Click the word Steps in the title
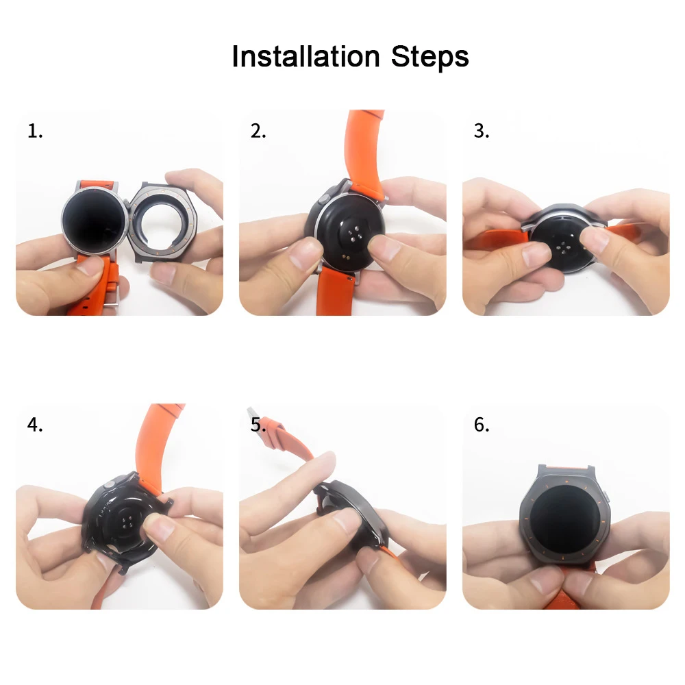pyautogui.click(x=430, y=58)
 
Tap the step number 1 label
pyautogui.click(x=35, y=131)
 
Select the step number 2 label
pyautogui.click(x=258, y=131)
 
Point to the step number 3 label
pyautogui.click(x=482, y=131)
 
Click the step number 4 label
pyautogui.click(x=35, y=425)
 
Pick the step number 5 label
pyautogui.click(x=258, y=425)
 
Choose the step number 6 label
pyautogui.click(x=482, y=425)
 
